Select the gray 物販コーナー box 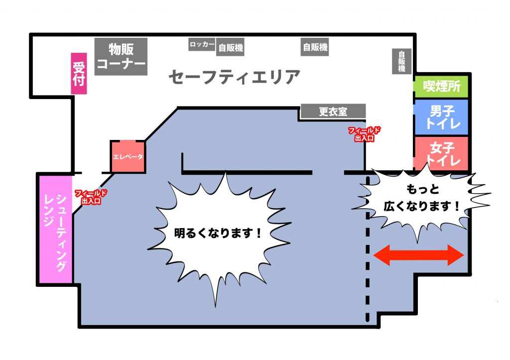coord(121,57)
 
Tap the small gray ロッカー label coord(202,45)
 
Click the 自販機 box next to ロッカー coord(231,48)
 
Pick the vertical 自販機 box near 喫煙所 coord(402,61)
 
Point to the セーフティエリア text coord(234,78)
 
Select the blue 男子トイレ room coord(442,117)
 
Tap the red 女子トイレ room coord(442,153)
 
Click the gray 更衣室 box coord(333,112)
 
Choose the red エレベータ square coord(128,156)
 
